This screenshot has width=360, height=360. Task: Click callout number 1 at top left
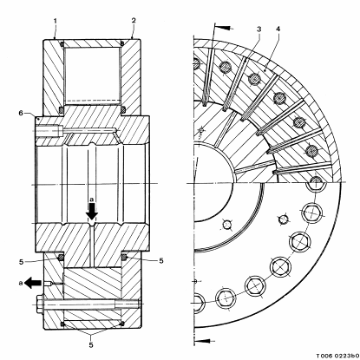click(x=55, y=21)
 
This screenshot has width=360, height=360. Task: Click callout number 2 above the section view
click(x=134, y=20)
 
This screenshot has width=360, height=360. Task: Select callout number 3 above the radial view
click(x=259, y=29)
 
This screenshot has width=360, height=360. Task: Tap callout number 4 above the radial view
click(x=278, y=29)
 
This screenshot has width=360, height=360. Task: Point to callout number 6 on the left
click(x=21, y=113)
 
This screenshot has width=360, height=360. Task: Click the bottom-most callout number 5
click(x=91, y=344)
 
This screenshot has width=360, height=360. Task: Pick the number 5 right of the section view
click(x=160, y=261)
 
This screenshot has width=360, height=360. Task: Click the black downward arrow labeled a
click(x=92, y=212)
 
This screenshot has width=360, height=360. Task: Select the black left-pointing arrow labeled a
click(x=34, y=283)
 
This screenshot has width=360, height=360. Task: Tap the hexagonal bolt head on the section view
click(x=40, y=304)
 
